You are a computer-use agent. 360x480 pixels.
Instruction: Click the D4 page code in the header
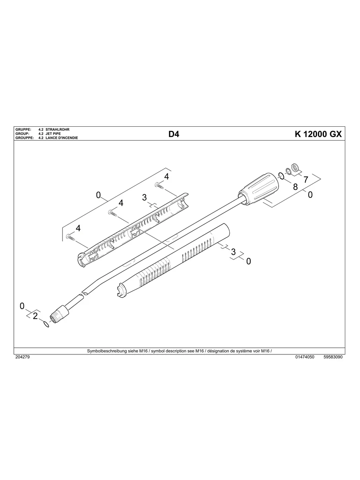coord(174,134)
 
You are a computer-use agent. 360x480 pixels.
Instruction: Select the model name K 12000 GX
coord(318,134)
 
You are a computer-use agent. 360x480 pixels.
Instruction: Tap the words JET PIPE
coord(53,134)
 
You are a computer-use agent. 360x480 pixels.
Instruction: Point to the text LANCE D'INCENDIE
coord(62,138)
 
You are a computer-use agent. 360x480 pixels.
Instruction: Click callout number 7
coord(306,180)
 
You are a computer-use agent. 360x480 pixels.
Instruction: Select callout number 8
coord(295,187)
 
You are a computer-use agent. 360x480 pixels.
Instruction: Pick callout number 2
coord(35,316)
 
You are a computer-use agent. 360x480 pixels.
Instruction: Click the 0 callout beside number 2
coord(22,306)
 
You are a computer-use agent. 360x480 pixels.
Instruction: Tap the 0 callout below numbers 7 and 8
coord(310,195)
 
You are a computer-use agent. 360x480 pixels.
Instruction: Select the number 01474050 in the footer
coord(305,357)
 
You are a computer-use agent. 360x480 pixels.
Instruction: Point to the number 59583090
coord(333,357)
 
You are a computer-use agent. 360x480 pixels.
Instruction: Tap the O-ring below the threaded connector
coord(47,325)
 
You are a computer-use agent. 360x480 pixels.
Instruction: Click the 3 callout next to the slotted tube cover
coord(233,252)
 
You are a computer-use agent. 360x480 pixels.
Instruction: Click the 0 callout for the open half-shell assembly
coord(99,195)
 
